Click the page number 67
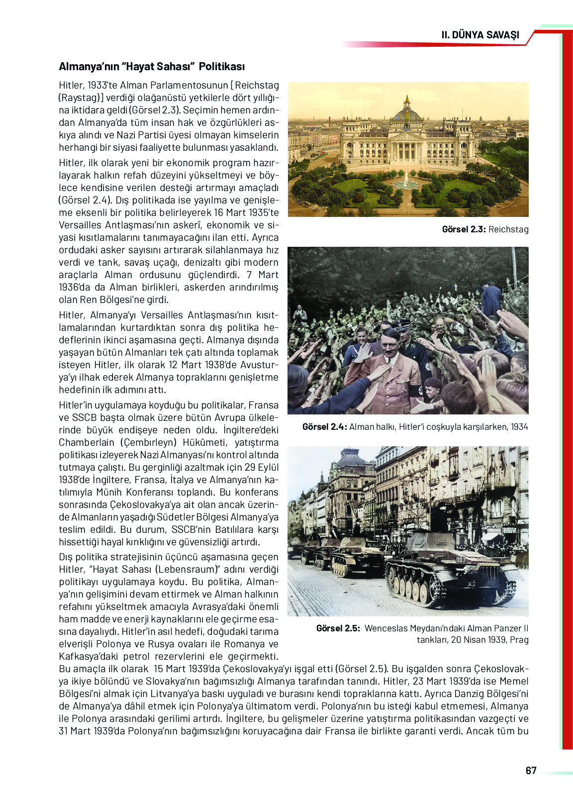[531, 771]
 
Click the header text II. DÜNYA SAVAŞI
[480, 35]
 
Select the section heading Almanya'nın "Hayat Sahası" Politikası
[152, 67]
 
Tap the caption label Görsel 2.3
[464, 229]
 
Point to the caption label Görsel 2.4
[324, 427]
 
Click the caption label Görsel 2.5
[338, 628]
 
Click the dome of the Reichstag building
[407, 113]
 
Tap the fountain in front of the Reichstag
[406, 182]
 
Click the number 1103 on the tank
[461, 560]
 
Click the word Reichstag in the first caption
[508, 229]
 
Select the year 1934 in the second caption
[519, 427]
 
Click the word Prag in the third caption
[519, 640]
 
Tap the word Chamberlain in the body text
[87, 442]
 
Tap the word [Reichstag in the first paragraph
[257, 85]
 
